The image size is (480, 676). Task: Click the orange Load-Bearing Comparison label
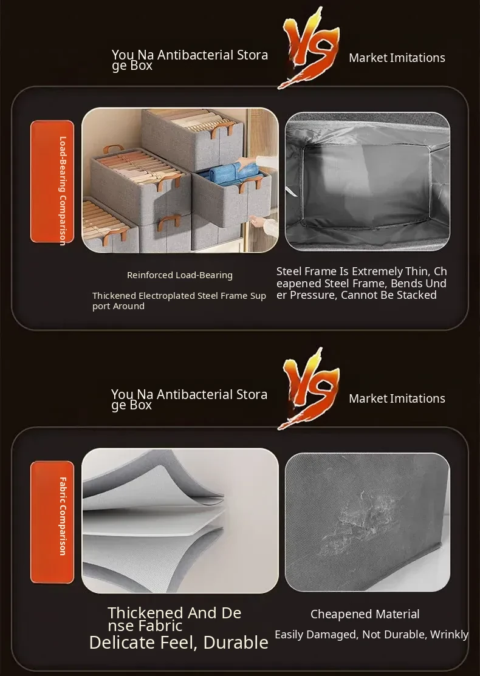point(52,181)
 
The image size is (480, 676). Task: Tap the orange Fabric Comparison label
point(52,522)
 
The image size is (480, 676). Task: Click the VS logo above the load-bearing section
point(309,47)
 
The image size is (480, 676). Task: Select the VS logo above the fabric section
point(309,389)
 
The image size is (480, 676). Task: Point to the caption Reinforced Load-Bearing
point(180,275)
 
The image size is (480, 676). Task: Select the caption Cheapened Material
point(365,614)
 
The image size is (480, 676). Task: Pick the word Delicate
point(122,643)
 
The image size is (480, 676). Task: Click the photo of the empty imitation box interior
point(368,181)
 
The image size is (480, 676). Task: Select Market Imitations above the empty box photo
point(397,58)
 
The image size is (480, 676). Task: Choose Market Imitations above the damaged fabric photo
point(397,398)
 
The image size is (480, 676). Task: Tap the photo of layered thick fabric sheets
point(180,521)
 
